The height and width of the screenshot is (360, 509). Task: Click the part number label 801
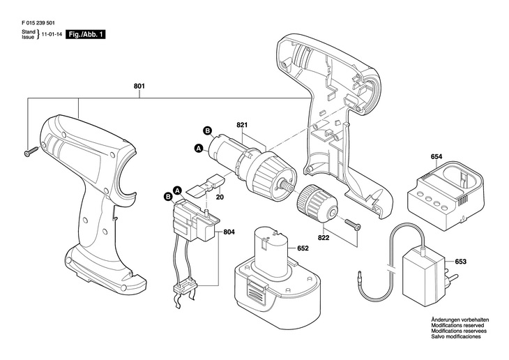(x=139, y=87)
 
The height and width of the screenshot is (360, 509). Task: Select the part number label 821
(x=242, y=125)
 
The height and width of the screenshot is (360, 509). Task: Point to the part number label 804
(x=229, y=233)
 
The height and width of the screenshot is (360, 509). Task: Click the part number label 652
(x=303, y=248)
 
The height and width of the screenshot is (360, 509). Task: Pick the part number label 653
(x=460, y=262)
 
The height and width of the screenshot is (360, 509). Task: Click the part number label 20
(x=220, y=197)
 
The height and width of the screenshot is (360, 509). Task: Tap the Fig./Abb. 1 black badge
(x=85, y=33)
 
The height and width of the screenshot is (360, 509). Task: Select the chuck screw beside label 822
(x=352, y=224)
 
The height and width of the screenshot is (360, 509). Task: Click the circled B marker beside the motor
(x=207, y=130)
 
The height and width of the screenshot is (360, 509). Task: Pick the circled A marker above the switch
(x=177, y=190)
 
